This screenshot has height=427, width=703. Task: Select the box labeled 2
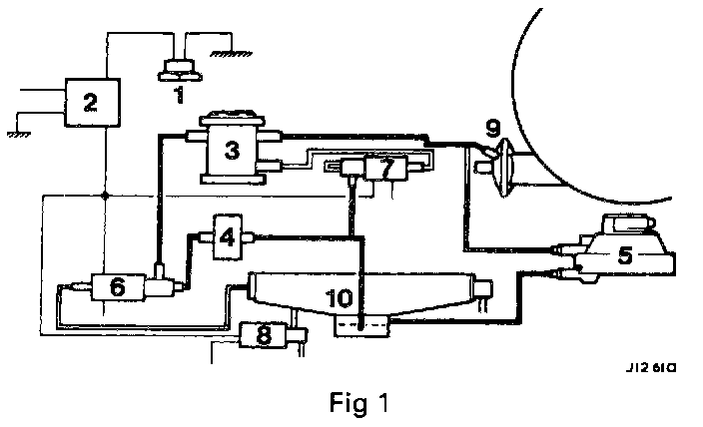(x=90, y=101)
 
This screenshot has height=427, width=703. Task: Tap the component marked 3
(x=232, y=151)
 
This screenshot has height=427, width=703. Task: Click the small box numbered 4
(x=228, y=236)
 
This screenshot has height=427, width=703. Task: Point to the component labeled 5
(x=624, y=253)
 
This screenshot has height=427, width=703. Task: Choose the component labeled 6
(x=117, y=287)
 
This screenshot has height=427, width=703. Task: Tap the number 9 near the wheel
(x=491, y=127)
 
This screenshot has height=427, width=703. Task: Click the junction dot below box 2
(x=104, y=196)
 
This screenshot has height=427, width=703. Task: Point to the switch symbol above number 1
(x=180, y=69)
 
